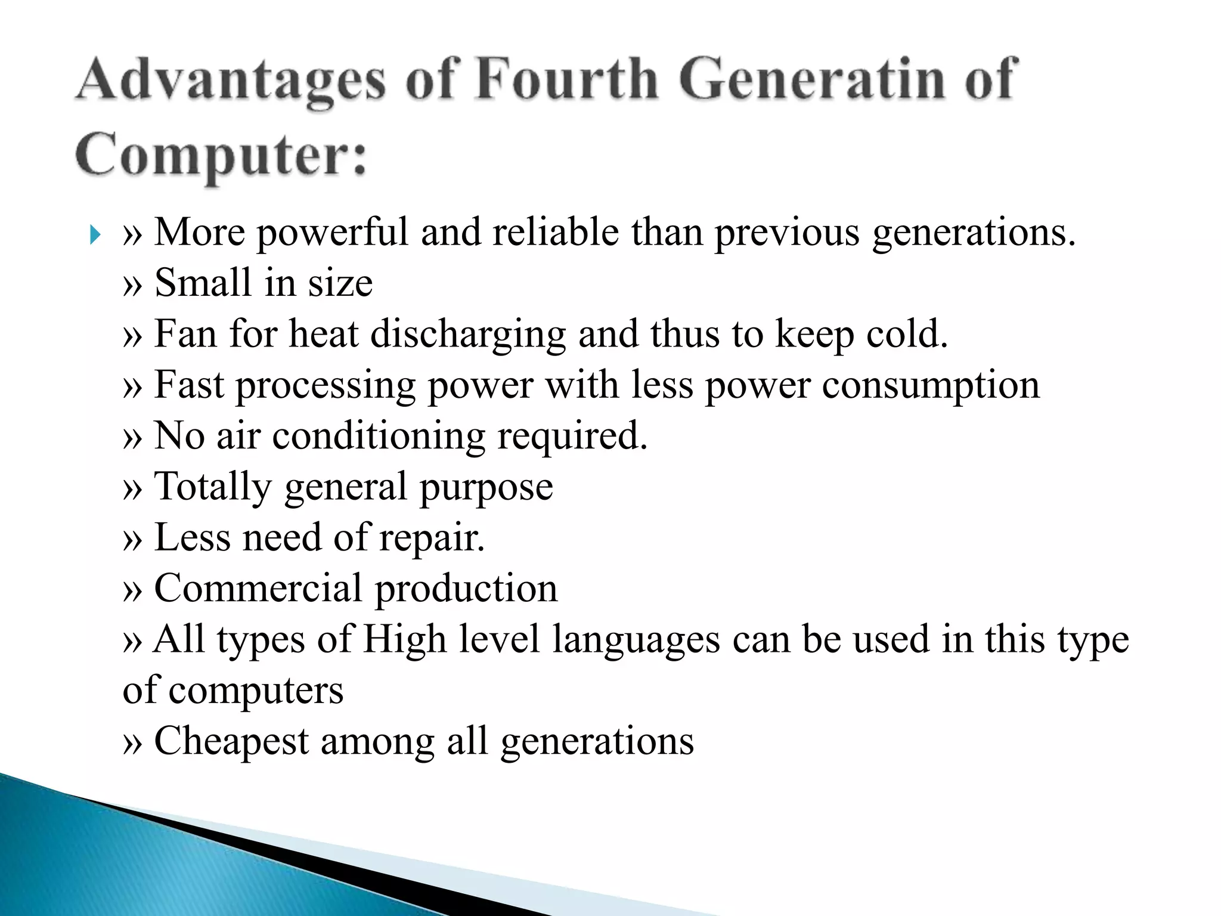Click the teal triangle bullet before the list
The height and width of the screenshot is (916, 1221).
click(x=94, y=234)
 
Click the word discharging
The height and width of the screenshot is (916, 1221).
click(x=468, y=334)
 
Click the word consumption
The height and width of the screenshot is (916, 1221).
click(x=931, y=385)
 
